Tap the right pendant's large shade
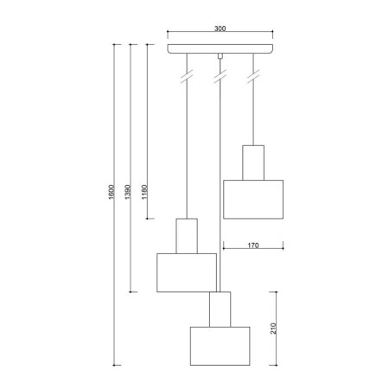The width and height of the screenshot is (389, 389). (253, 199)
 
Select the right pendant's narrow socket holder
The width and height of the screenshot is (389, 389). (253, 162)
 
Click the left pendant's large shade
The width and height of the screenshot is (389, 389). (186, 272)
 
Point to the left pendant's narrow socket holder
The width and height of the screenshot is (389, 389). (187, 236)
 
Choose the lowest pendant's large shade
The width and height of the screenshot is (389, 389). (220, 346)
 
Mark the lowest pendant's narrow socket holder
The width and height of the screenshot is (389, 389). (220, 309)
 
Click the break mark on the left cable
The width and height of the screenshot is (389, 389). (186, 79)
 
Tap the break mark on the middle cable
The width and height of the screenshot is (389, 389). (220, 79)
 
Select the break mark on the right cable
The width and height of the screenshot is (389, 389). (253, 79)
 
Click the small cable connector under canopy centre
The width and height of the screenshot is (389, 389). (220, 57)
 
